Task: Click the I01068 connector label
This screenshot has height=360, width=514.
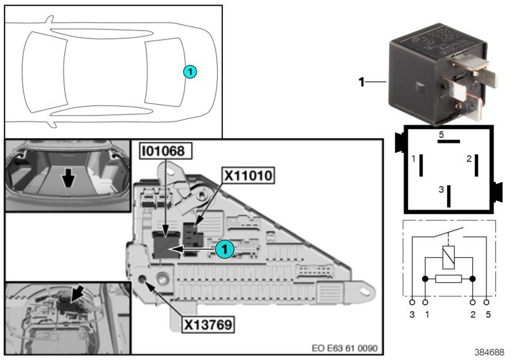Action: tap(164, 152)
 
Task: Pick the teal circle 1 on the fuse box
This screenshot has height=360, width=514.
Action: tap(223, 246)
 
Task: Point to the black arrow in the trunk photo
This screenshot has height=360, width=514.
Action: tap(67, 175)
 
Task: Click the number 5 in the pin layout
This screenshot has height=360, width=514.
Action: tap(441, 134)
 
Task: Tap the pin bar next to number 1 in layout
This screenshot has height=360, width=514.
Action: tap(421, 165)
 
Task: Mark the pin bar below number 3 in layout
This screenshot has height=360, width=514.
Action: tap(450, 195)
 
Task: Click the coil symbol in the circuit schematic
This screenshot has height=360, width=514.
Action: tap(448, 257)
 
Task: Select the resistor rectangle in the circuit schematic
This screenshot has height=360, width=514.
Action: tap(448, 279)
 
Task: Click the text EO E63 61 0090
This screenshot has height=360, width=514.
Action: tap(344, 348)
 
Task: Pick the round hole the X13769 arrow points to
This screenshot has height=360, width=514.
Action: tap(143, 280)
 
